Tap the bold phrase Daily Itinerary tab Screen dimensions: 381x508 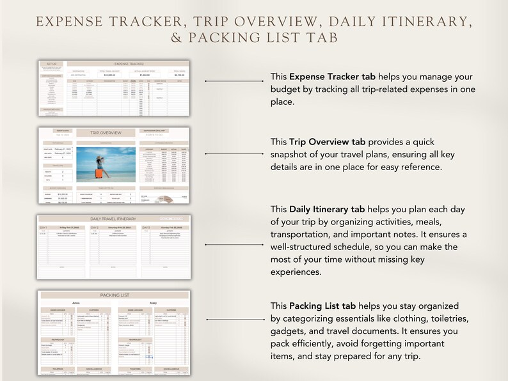tap(329, 208)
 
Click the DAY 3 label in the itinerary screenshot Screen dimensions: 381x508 tap(148, 227)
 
